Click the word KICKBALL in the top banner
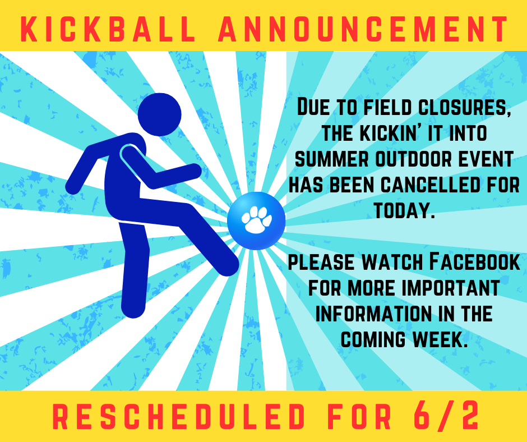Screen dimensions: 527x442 (108, 29)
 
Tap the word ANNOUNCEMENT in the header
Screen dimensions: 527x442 (363, 29)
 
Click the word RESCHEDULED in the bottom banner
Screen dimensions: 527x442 (179, 417)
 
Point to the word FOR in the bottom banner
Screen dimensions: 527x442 (359, 417)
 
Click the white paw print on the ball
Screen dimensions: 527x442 (256, 220)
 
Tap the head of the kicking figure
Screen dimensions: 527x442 (159, 114)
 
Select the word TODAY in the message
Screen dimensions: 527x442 (404, 210)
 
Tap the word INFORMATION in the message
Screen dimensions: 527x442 (373, 314)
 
